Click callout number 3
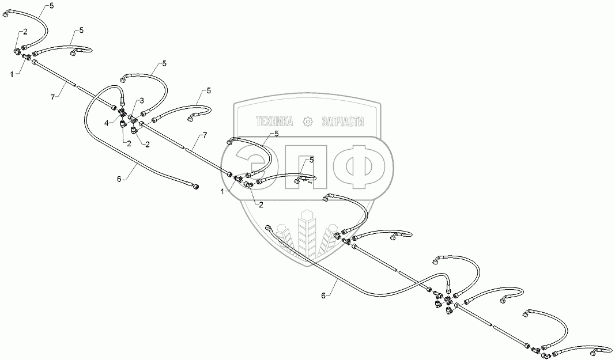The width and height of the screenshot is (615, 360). tap(142, 101)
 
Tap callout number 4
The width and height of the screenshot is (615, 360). tap(106, 123)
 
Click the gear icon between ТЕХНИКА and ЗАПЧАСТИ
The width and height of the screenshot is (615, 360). tap(308, 121)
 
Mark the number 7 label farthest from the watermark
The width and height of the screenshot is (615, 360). tap(52, 98)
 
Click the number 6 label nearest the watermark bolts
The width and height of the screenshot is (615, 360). tap(324, 295)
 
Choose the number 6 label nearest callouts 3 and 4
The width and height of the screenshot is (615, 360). tap(119, 179)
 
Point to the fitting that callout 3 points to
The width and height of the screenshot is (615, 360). tap(132, 118)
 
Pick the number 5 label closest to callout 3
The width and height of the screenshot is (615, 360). tap(164, 63)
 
